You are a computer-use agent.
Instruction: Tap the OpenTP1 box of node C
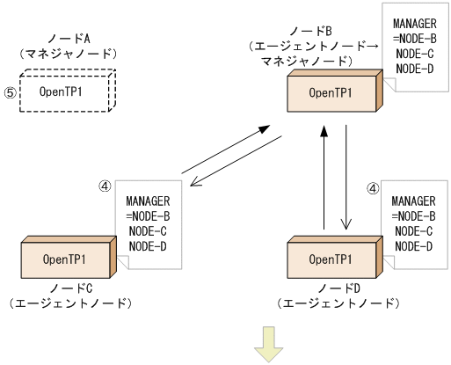pyautogui.click(x=64, y=260)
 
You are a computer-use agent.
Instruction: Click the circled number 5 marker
pyautogui.click(x=11, y=91)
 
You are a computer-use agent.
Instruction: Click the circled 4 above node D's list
pyautogui.click(x=374, y=187)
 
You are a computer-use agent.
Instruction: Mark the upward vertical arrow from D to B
pyautogui.click(x=324, y=175)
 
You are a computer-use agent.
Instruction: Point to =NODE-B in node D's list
pyautogui.click(x=414, y=215)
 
